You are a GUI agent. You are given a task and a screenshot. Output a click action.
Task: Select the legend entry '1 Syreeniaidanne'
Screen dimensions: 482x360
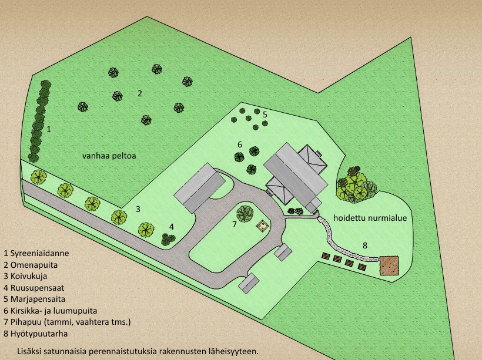coord(36,254)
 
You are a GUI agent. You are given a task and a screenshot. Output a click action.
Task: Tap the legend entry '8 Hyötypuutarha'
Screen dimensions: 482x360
coord(35,333)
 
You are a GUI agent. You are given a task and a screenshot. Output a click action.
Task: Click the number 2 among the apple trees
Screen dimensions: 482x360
coord(140,93)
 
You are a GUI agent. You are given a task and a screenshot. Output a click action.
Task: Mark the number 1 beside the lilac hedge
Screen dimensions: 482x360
coord(49,129)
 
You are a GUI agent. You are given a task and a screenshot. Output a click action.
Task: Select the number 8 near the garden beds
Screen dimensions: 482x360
coord(364,245)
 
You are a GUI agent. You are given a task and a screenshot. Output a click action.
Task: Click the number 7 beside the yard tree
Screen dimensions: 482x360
coord(234,224)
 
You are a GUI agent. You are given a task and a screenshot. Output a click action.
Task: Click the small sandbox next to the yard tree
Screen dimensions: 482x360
coord(262,225)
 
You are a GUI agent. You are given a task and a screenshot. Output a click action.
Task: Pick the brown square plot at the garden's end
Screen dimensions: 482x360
coord(389,265)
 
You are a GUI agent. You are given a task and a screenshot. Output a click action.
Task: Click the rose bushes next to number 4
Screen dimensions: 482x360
coord(168,238)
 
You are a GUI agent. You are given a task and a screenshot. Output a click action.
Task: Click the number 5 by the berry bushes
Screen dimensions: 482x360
coord(265,115)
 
